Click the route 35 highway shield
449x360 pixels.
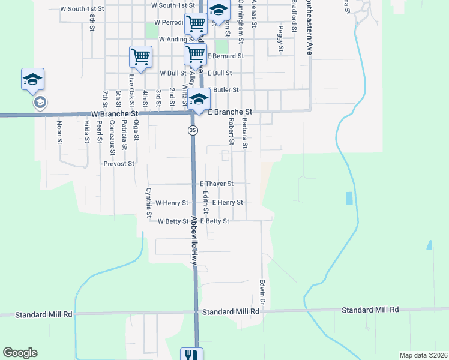pyautogui.click(x=193, y=130)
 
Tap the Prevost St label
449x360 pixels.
pyautogui.click(x=119, y=163)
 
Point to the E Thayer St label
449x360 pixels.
pyautogui.click(x=216, y=184)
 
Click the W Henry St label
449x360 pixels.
pyautogui.click(x=172, y=203)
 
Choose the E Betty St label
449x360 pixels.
pyautogui.click(x=214, y=221)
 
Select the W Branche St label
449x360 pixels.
pyautogui.click(x=115, y=113)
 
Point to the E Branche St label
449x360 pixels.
pyautogui.click(x=229, y=112)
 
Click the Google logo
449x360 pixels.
pyautogui.click(x=20, y=353)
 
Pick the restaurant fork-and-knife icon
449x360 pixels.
pyautogui.click(x=191, y=355)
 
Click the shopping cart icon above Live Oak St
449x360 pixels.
pyautogui.click(x=140, y=58)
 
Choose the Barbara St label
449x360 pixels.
pyautogui.click(x=245, y=133)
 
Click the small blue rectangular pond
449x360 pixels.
pyautogui.click(x=349, y=198)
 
